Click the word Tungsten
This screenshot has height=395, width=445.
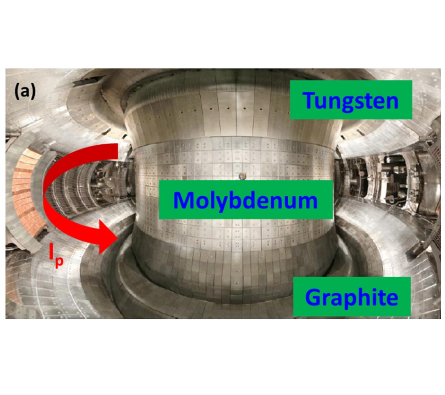(x=351, y=100)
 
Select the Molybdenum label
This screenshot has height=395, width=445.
(x=246, y=200)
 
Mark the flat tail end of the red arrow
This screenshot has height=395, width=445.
(x=117, y=151)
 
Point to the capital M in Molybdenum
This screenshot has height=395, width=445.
(x=184, y=200)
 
